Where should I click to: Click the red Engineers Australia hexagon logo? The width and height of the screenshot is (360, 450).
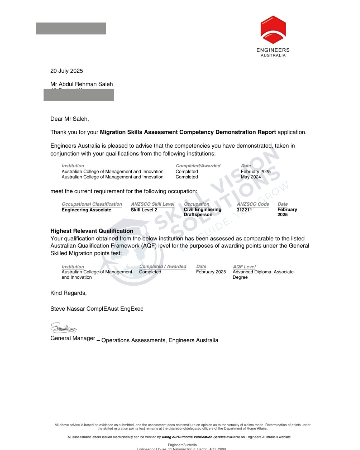(x=273, y=30)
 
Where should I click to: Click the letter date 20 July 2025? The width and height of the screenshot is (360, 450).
(x=67, y=71)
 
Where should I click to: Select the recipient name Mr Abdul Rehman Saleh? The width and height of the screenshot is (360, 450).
(x=82, y=84)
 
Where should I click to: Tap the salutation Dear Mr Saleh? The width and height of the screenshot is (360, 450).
(x=70, y=119)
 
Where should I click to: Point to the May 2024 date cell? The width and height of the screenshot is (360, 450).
(x=251, y=177)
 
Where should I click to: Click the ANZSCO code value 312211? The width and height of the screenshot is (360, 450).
(x=244, y=210)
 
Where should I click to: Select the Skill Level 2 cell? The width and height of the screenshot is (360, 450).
(x=144, y=210)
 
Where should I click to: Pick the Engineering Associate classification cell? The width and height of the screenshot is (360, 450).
(x=86, y=210)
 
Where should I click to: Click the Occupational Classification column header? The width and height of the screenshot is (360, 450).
(x=92, y=204)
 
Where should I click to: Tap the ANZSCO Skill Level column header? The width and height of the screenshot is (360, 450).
(x=153, y=204)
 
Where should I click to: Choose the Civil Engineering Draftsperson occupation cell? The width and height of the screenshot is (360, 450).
(x=202, y=212)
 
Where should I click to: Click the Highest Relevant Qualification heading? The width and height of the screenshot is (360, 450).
(x=92, y=231)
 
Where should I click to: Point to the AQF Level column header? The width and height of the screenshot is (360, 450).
(x=244, y=267)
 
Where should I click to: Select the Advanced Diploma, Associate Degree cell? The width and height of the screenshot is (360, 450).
(x=263, y=274)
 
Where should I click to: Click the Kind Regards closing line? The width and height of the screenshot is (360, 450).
(x=68, y=293)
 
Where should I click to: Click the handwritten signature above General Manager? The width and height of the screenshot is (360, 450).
(x=63, y=328)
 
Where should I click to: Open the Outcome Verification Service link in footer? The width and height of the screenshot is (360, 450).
(x=194, y=437)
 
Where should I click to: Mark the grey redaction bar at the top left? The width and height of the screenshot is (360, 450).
(x=71, y=28)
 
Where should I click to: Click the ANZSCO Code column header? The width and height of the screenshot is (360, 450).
(x=253, y=204)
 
